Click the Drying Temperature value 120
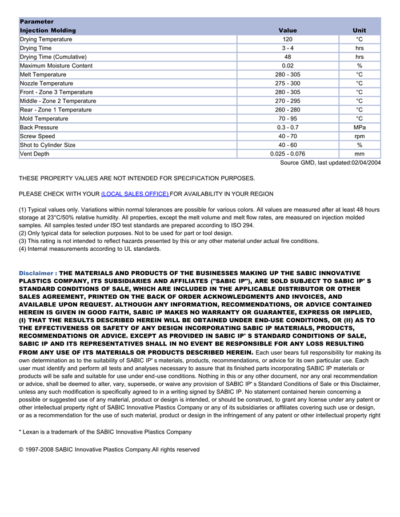point(287,39)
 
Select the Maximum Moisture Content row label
point(56,66)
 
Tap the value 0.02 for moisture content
point(287,66)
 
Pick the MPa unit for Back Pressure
point(359,127)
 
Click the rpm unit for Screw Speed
point(359,137)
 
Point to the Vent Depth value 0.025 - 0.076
point(287,154)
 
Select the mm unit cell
point(359,154)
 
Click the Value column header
point(287,30)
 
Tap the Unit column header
point(359,30)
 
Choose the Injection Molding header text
point(47,30)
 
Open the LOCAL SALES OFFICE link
point(135,194)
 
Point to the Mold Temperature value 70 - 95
point(287,119)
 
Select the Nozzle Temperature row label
point(46,83)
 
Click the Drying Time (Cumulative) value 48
point(287,57)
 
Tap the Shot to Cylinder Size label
point(47,145)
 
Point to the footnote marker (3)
point(23,241)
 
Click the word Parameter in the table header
point(37,22)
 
